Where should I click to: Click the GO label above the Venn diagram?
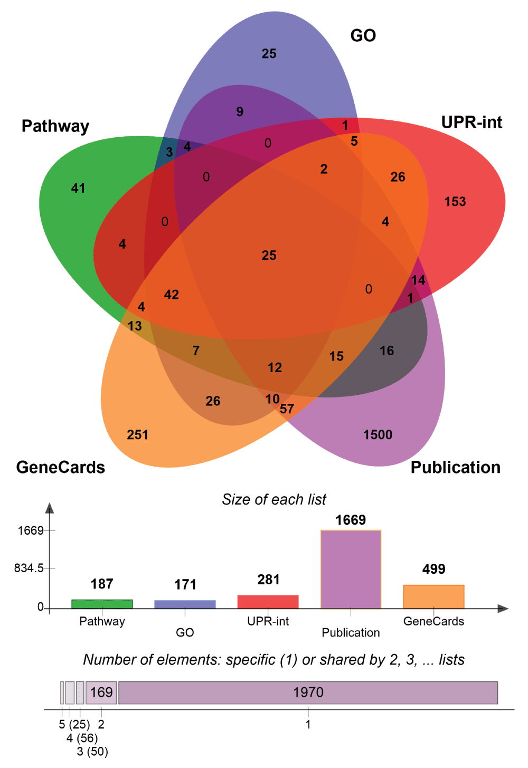(363, 36)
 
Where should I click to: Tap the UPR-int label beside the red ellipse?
(472, 122)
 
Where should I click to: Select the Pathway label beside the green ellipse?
(55, 127)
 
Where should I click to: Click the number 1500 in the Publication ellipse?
(378, 435)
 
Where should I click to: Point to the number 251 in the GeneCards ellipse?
(137, 435)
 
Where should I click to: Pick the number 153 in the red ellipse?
(455, 202)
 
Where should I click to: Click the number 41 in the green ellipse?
(78, 188)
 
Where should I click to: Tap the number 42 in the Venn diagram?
(172, 295)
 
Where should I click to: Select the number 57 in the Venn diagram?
(287, 409)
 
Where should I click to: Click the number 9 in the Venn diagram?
(240, 111)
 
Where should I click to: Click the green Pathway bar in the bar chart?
(102, 604)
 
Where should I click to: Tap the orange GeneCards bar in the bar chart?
(433, 597)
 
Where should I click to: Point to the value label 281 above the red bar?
(268, 580)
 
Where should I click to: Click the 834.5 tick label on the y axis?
(29, 568)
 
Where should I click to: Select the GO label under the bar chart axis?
(185, 632)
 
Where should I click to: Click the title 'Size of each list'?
(274, 499)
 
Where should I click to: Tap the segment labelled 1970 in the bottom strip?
(308, 693)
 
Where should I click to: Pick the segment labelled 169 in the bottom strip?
(101, 693)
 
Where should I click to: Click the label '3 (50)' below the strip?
(92, 752)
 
